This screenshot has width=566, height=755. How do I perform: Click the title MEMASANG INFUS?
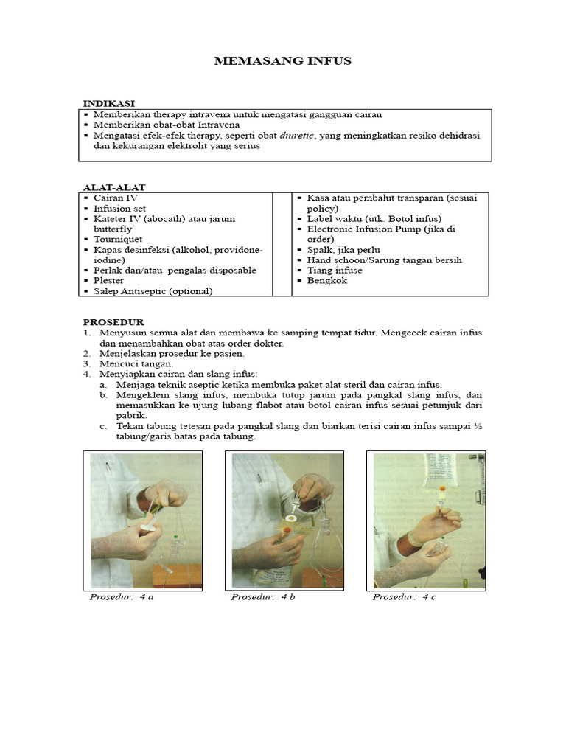point(282,61)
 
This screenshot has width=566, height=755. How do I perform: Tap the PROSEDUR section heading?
point(113,322)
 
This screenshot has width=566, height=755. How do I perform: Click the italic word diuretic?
point(297,136)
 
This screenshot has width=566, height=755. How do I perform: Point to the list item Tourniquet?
point(118,240)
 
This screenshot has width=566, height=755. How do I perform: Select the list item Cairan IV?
point(115,198)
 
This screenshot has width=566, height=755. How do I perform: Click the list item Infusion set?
point(119,209)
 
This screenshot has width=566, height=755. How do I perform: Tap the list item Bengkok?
point(326,281)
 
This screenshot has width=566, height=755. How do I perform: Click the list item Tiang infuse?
point(335,271)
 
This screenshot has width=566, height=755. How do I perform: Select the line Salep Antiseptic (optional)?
point(153,291)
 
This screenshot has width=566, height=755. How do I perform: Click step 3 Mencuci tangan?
point(136,363)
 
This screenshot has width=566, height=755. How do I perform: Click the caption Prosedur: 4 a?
point(122,596)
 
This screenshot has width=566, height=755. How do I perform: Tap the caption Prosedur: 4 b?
point(263,596)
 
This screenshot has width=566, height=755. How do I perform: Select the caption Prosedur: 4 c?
point(405,596)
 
